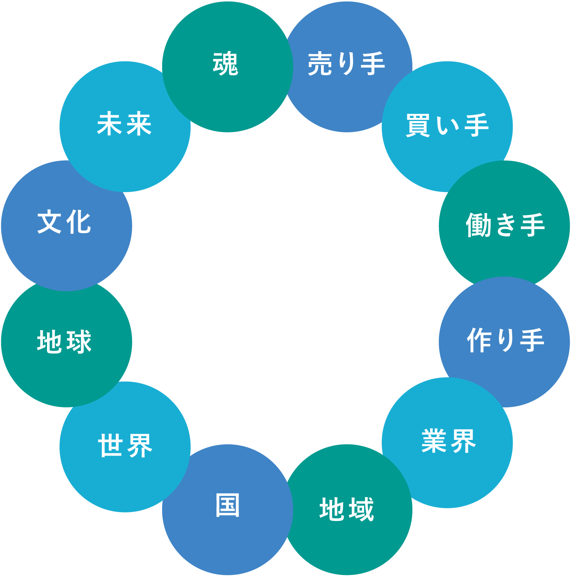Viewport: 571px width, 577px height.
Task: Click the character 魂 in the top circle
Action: coord(226,64)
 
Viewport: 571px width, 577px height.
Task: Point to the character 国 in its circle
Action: coord(228,505)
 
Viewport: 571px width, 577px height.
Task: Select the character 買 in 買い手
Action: coord(418,125)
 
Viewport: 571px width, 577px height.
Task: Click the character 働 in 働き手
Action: coord(478,225)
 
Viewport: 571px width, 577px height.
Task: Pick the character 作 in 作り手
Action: coord(479,340)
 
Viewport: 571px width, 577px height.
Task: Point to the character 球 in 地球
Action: coord(79,342)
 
